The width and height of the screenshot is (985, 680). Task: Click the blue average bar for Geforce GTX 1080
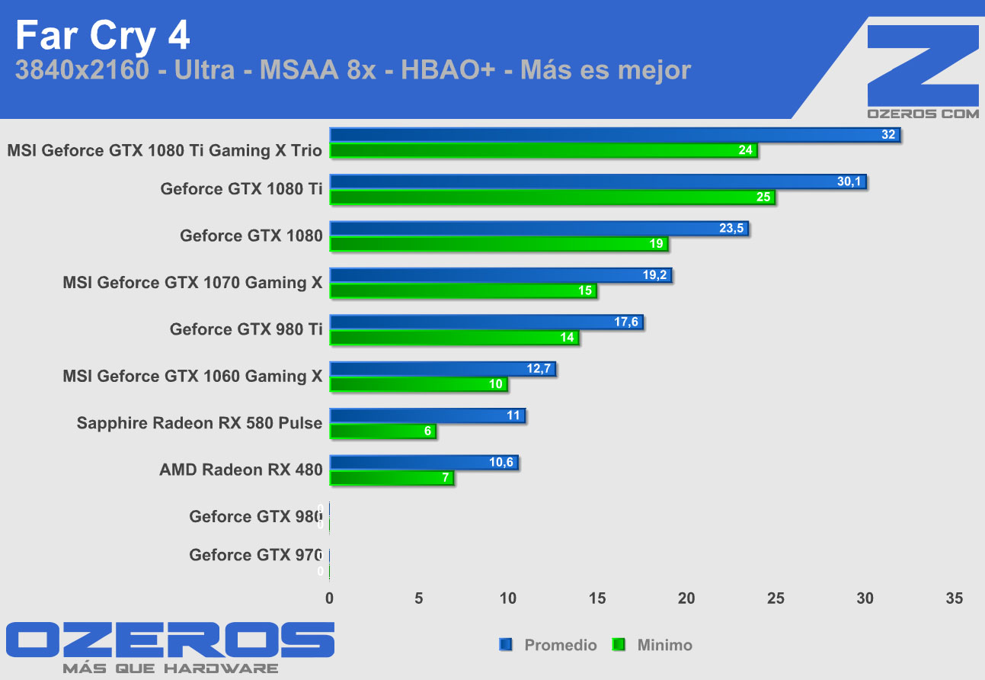[x=539, y=229]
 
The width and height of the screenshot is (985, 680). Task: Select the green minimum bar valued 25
[x=552, y=198]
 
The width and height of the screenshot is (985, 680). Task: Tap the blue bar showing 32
[x=614, y=135]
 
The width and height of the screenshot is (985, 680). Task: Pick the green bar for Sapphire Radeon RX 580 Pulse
[x=382, y=431]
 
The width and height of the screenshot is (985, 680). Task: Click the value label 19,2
[x=654, y=275]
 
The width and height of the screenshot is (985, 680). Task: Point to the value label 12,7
[x=539, y=369]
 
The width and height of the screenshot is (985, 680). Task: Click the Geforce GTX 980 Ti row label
[x=246, y=329]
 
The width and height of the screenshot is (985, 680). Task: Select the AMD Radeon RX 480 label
[x=241, y=470]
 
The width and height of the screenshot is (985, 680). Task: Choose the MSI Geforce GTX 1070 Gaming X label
[x=193, y=283]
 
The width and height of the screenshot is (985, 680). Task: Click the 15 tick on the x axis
[x=597, y=599]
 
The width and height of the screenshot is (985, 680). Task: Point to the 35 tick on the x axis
[x=954, y=599]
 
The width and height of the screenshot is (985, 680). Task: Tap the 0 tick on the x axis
[x=329, y=599]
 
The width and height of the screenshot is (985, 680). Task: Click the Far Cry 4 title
[x=102, y=35]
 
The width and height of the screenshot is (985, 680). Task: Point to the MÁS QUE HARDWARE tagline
[x=170, y=669]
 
